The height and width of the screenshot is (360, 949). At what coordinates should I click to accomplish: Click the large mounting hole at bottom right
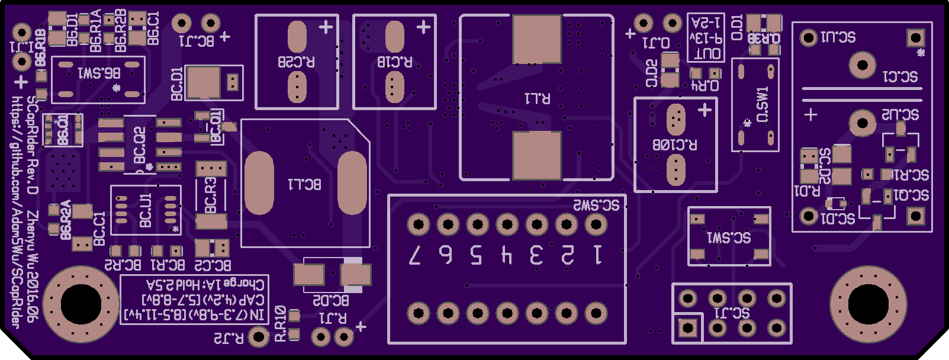point(868,304)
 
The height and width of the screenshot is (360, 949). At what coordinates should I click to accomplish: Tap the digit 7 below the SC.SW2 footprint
point(416,255)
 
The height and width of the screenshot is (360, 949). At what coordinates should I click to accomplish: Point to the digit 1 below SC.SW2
point(597,255)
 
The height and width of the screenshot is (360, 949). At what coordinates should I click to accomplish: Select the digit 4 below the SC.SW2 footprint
point(506,255)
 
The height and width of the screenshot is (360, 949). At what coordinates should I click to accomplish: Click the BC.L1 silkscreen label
point(304,184)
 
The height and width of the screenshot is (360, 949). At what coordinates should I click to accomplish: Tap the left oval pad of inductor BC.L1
point(259,183)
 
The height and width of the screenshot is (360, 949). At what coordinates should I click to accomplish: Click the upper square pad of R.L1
point(536,39)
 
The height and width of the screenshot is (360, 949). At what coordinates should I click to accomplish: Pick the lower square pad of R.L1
point(536,155)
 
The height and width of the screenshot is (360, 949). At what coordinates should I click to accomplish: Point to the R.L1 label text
point(537,98)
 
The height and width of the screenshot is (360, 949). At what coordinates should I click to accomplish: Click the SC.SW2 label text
point(596,205)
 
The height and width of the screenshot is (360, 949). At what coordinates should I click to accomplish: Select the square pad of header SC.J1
point(688,327)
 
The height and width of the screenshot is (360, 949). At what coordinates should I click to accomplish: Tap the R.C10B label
point(675,144)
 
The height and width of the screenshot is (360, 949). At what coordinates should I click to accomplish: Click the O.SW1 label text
point(763,105)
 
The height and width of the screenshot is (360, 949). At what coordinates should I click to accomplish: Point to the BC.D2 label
point(330,300)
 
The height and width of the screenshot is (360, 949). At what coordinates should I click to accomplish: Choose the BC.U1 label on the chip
point(146,210)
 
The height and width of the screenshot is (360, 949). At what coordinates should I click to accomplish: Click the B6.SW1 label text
point(99,73)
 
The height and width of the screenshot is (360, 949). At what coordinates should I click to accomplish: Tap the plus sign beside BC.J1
point(225,36)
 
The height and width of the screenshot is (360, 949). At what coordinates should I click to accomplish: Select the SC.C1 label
point(900,76)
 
